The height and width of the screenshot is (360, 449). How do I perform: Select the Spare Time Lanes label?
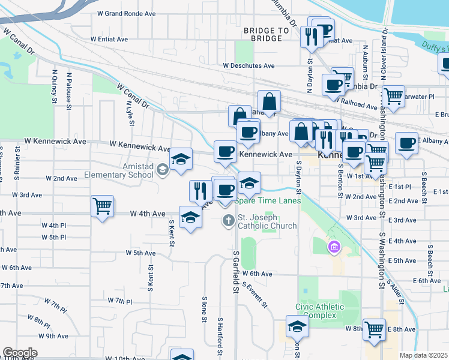267,201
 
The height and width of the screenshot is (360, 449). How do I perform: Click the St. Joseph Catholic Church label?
267,221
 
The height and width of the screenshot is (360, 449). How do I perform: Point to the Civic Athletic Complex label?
320,311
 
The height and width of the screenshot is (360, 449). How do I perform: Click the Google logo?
20,353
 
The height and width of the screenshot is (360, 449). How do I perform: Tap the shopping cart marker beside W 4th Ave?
102,206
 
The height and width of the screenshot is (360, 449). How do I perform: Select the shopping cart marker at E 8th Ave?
375,328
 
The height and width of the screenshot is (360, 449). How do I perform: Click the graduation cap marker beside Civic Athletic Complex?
297,326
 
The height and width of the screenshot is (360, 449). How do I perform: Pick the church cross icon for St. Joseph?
228,221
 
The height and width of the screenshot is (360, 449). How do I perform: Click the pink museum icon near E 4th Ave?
334,246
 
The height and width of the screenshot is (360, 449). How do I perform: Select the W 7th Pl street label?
119,300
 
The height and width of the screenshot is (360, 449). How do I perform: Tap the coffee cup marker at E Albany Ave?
406,142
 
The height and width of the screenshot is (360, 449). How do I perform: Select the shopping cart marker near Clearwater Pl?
393,95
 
